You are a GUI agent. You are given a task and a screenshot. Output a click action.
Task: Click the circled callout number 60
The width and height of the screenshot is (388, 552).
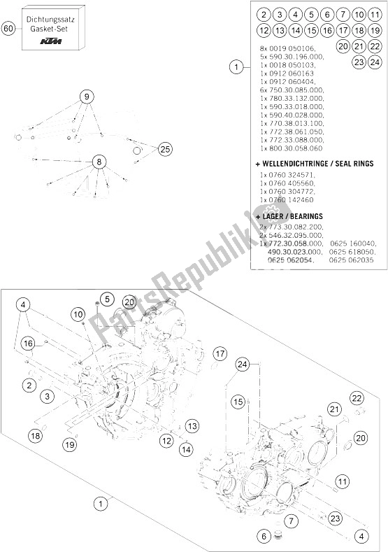pyautogui.click(x=8, y=29)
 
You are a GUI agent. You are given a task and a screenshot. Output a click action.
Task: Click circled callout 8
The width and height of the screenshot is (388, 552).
pyautogui.click(x=99, y=162)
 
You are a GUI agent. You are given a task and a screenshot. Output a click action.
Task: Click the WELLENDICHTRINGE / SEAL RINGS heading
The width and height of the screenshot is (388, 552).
pyautogui.click(x=315, y=163)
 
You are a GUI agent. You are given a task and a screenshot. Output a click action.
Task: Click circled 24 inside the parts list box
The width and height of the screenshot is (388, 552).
pyautogui.click(x=375, y=62)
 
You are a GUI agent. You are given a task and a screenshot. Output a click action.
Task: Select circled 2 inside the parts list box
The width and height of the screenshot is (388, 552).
pyautogui.click(x=263, y=14)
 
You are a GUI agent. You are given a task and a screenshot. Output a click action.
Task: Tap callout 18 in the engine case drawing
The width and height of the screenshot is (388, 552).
pyautogui.click(x=35, y=437)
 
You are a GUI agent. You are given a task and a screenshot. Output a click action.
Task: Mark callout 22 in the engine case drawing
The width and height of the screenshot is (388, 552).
pyautogui.click(x=357, y=398)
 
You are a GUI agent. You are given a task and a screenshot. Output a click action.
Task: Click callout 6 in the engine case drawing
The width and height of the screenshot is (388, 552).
pyautogui.click(x=264, y=536)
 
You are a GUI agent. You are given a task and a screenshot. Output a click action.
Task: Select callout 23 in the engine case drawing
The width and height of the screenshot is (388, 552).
pyautogui.click(x=336, y=518)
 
